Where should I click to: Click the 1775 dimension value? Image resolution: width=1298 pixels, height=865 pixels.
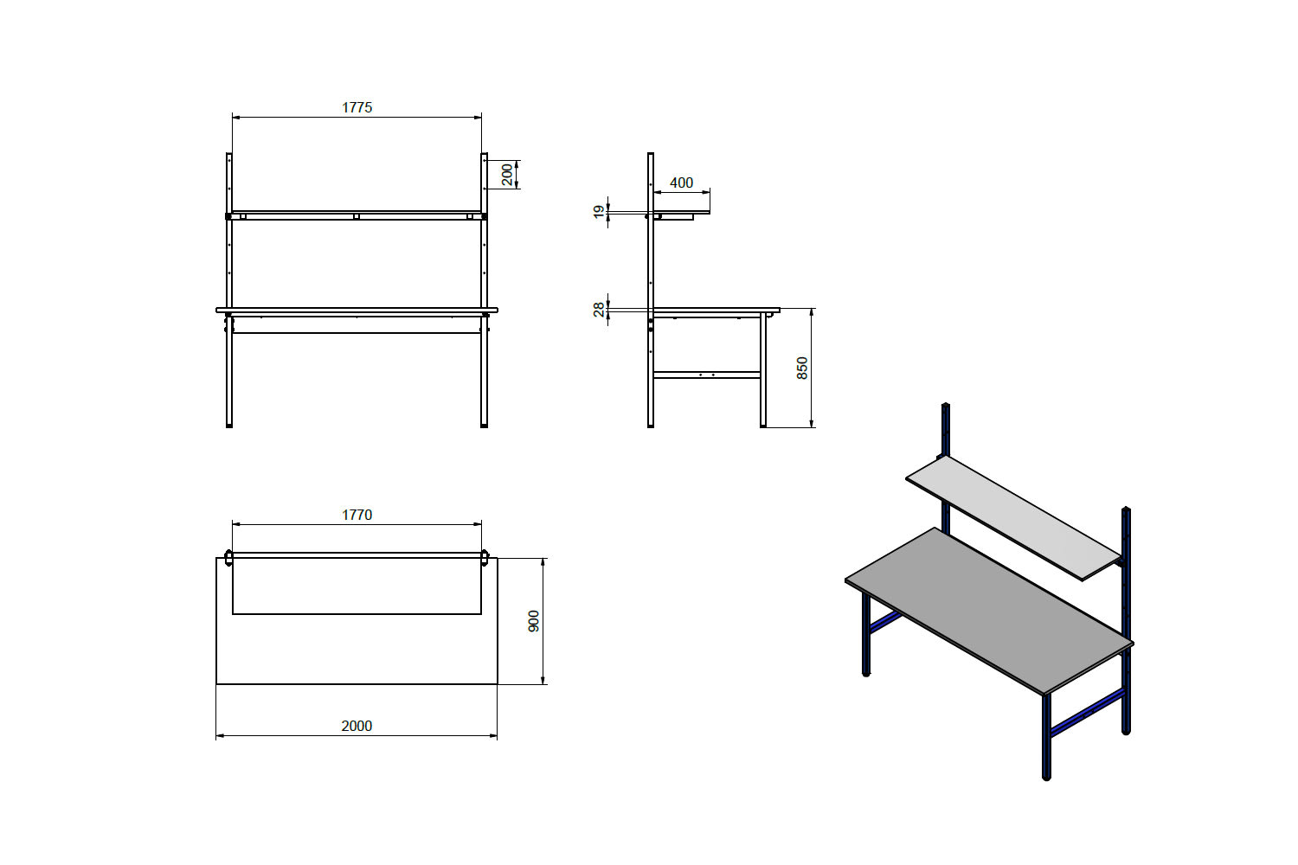point(357,107)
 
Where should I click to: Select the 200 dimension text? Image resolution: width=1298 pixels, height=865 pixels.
point(508,175)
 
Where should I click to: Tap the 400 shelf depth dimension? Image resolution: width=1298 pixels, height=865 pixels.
point(682,183)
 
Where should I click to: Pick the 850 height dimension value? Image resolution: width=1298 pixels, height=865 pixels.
point(802,368)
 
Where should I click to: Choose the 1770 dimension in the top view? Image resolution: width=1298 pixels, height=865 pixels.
point(357,515)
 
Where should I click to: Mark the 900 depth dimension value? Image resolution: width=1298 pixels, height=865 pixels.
point(534,621)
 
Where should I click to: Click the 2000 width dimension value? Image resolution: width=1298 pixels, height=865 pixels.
point(357,726)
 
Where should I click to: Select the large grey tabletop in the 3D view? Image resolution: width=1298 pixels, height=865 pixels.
point(986,605)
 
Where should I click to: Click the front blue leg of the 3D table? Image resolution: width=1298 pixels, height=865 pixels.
point(1046,735)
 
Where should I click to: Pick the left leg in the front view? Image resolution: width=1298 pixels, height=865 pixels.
point(229,372)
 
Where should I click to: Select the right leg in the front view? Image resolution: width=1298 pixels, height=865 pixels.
point(484,372)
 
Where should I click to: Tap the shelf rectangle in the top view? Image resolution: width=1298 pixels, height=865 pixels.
point(357,586)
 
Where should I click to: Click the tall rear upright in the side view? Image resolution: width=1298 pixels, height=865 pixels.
point(650,259)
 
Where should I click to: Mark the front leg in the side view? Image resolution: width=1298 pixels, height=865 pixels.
point(763,372)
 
